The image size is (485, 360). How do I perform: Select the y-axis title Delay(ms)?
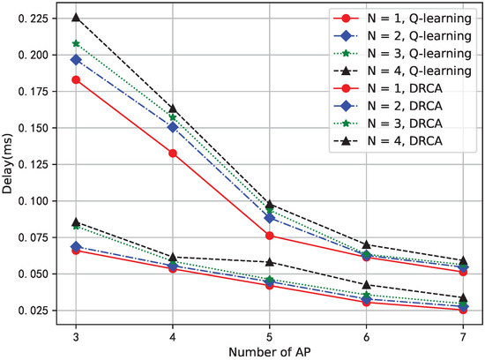(x=8, y=165)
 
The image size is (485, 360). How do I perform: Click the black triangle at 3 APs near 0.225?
(x=76, y=18)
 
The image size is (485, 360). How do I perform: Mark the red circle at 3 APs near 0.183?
(x=76, y=79)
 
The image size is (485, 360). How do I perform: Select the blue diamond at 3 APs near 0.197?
(x=76, y=59)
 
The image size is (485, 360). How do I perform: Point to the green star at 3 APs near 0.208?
(x=76, y=43)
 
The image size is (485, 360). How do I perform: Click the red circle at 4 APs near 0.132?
(x=172, y=154)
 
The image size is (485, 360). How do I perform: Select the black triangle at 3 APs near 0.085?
(x=76, y=222)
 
